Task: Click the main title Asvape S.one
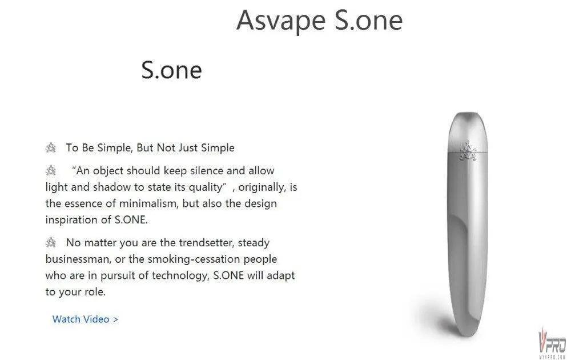319,21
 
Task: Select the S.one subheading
171,70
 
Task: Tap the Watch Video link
85,319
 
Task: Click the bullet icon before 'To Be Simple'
51,148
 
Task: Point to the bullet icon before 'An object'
51,170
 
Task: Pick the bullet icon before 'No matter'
51,242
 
